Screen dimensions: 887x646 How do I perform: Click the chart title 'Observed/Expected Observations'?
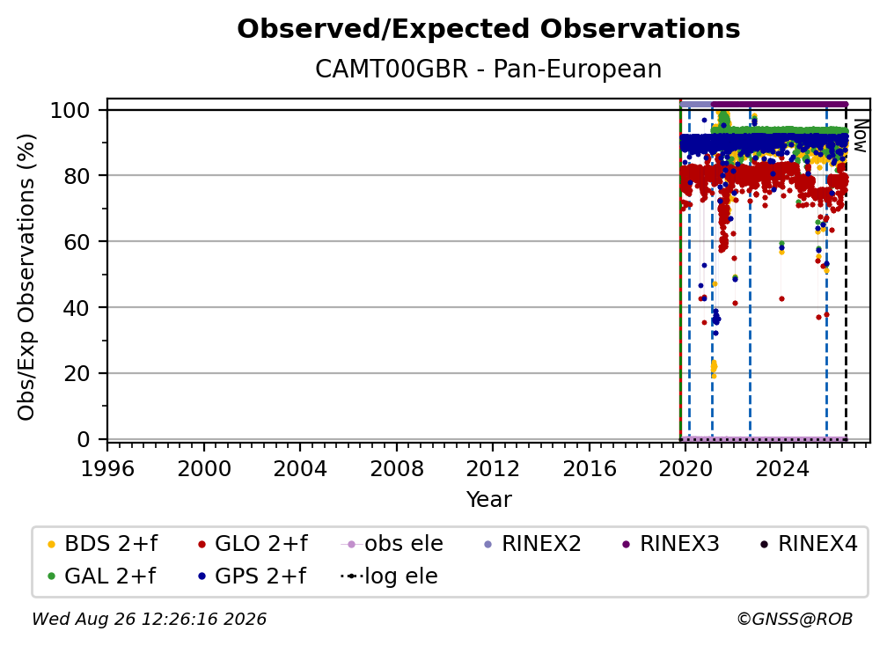(x=488, y=29)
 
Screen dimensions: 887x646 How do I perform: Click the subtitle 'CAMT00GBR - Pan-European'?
(x=488, y=70)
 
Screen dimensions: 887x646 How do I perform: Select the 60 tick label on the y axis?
(x=77, y=242)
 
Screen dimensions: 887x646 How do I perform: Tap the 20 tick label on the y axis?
(x=77, y=374)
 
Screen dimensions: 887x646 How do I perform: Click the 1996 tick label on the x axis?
(x=107, y=469)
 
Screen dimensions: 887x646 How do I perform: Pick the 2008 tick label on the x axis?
(x=397, y=469)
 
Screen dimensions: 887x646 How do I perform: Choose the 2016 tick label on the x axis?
(x=590, y=469)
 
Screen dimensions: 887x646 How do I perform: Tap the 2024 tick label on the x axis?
(x=781, y=469)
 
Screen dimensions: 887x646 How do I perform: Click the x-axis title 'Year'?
(x=488, y=500)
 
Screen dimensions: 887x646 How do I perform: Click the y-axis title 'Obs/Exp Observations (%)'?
(x=26, y=277)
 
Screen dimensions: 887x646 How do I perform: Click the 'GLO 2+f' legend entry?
(x=253, y=544)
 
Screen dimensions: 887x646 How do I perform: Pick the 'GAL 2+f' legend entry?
(x=101, y=576)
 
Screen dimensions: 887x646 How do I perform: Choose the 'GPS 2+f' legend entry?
(x=252, y=576)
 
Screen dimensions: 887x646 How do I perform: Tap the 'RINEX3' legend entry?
(x=671, y=544)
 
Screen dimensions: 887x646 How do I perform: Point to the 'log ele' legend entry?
(x=389, y=576)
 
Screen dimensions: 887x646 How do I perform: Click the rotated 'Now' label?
(x=860, y=136)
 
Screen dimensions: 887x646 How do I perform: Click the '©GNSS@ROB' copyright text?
(x=795, y=620)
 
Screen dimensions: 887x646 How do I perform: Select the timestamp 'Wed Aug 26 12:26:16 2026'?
(x=149, y=620)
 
